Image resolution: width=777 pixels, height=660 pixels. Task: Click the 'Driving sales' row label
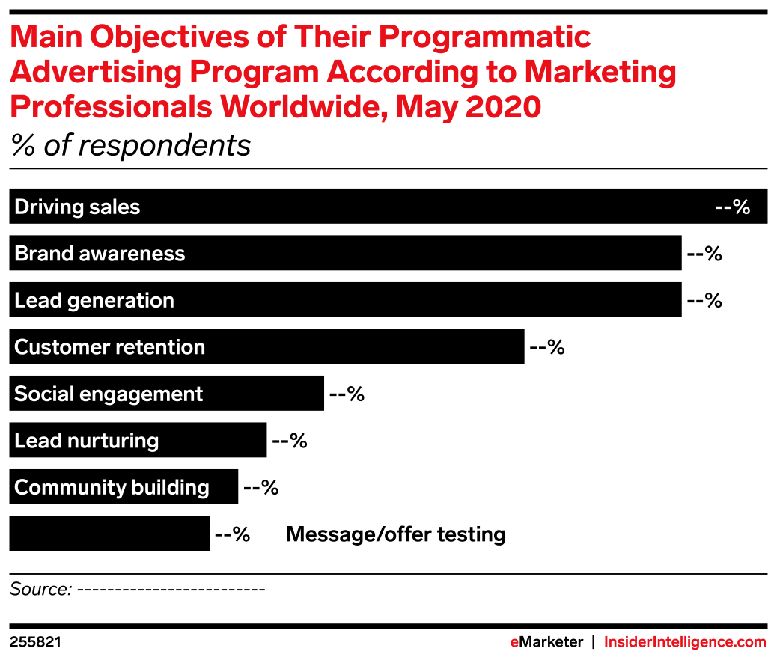pos(77,207)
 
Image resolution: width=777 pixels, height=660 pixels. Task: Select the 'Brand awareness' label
pos(100,254)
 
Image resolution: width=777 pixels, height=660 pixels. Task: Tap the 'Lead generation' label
pos(94,301)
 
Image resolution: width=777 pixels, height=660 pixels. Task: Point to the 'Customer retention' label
pos(109,348)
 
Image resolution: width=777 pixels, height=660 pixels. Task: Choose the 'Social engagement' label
pos(109,394)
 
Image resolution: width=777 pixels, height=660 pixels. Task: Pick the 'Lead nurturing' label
pos(86,441)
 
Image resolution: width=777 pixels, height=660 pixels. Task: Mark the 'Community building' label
pos(112,488)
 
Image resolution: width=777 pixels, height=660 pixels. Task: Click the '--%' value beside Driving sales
pos(732,207)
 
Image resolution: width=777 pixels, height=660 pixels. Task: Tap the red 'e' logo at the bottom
pos(514,642)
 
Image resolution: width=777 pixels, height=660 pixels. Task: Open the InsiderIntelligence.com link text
pos(685,642)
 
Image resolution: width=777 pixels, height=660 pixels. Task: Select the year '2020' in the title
pos(503,108)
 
